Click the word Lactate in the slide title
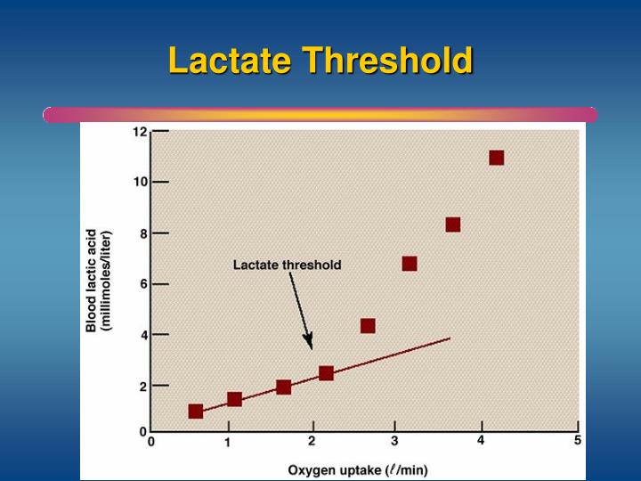pyautogui.click(x=230, y=61)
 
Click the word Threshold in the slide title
pyautogui.click(x=386, y=61)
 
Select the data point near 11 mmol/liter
pyautogui.click(x=496, y=158)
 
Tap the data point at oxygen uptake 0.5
pyautogui.click(x=196, y=411)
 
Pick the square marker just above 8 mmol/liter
pyautogui.click(x=452, y=224)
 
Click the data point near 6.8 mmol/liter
pyautogui.click(x=410, y=264)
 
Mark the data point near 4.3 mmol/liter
pyautogui.click(x=367, y=326)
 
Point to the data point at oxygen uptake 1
pyautogui.click(x=234, y=399)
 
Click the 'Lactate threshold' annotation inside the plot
pyautogui.click(x=287, y=265)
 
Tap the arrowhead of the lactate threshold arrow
pyautogui.click(x=309, y=345)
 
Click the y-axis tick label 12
pyautogui.click(x=140, y=132)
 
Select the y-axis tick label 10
pyautogui.click(x=140, y=182)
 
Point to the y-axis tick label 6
pyautogui.click(x=142, y=283)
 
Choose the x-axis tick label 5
pyautogui.click(x=577, y=440)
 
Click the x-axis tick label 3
pyautogui.click(x=394, y=440)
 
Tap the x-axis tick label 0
pyautogui.click(x=151, y=441)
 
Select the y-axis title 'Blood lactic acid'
pyautogui.click(x=92, y=281)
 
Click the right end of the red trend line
pyautogui.click(x=450, y=338)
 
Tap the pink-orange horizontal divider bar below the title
pyautogui.click(x=320, y=115)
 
